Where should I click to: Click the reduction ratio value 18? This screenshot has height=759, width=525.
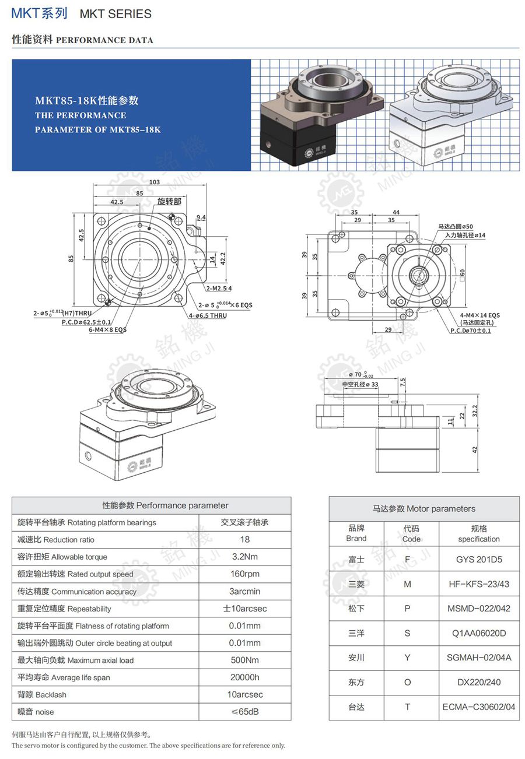pos(245,540)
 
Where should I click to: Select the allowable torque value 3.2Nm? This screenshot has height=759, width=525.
pos(245,557)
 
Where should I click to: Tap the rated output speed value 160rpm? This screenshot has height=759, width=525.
pos(245,574)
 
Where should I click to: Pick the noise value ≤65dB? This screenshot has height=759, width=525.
pos(245,712)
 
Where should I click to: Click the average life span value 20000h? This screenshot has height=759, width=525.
pos(245,677)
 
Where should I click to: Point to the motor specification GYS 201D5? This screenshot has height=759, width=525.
pos(479,560)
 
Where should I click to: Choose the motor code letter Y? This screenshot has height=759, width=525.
pos(407,658)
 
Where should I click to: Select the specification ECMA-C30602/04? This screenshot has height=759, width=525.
pos(479,707)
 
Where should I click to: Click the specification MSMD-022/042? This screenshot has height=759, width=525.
pos(479,609)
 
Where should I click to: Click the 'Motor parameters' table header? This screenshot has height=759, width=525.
pos(424,509)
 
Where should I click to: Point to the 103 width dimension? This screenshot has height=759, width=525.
pos(154,182)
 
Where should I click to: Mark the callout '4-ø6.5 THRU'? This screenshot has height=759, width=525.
pos(208,315)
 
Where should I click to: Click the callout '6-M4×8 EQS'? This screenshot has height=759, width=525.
pos(107,329)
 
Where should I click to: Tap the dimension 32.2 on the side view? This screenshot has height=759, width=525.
pos(474,411)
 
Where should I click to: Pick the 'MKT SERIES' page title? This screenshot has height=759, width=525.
pos(115,14)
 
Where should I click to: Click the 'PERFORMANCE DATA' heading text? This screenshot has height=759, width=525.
pos(104,40)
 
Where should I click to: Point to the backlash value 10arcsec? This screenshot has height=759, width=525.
pos(245,695)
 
